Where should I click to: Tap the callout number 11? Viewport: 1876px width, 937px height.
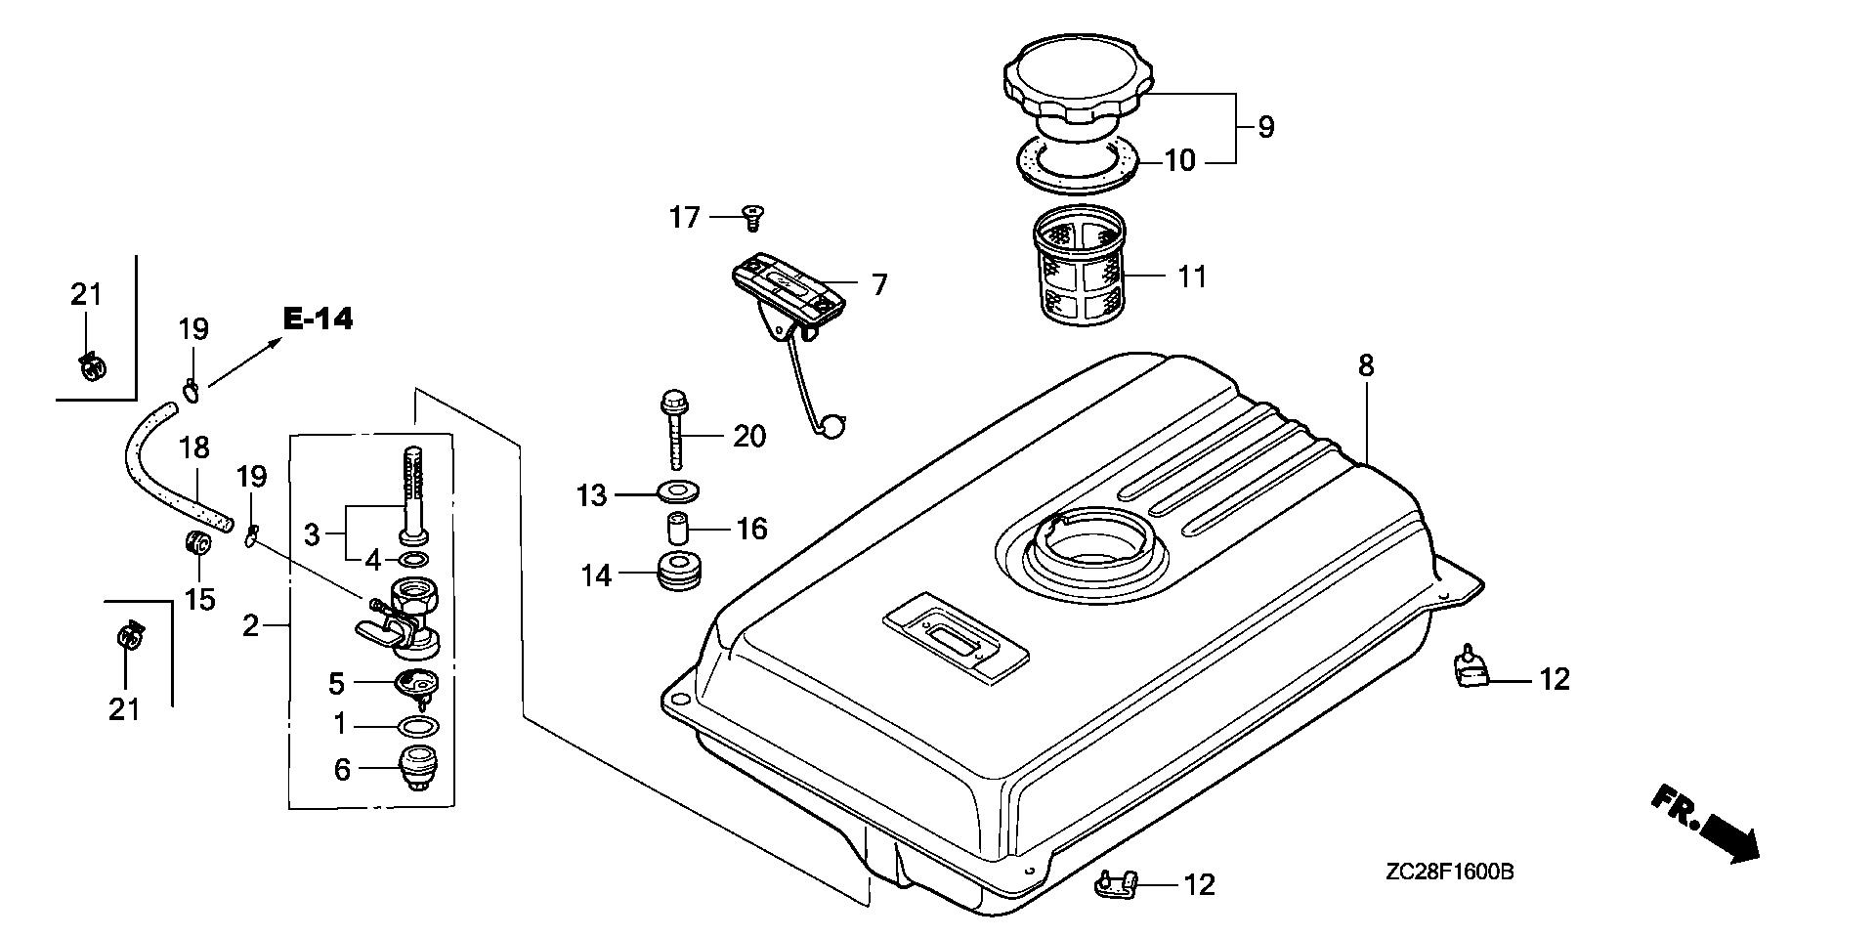coord(1192,277)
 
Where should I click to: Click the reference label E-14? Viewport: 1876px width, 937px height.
coord(318,319)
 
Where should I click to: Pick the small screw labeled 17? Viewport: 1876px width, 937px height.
coord(752,217)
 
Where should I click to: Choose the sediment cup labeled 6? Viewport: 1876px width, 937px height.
coord(418,769)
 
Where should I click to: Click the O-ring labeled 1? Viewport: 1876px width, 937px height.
coord(418,728)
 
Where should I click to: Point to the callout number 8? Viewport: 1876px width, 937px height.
coord(1366,366)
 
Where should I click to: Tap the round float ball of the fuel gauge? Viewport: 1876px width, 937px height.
coord(831,426)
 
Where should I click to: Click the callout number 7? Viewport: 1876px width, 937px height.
coord(879,285)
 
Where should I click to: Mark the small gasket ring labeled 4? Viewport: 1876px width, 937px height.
coord(413,560)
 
